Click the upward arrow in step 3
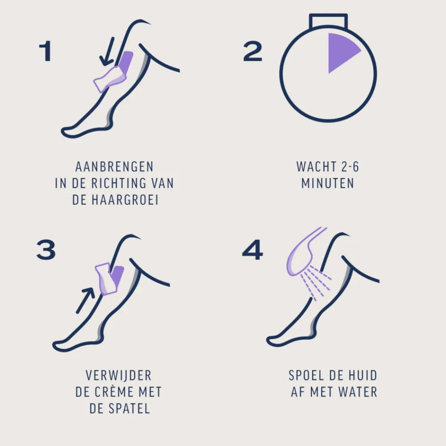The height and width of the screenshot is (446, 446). pos(85,300)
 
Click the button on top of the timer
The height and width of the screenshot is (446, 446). pos(329,21)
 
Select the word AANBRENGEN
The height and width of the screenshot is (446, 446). pos(114,167)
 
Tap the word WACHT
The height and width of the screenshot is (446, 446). pos(312,167)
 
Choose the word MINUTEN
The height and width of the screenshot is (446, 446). pos(328,183)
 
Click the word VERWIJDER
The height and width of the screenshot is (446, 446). pos(118,376)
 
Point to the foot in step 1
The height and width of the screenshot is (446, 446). pos(78,130)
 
